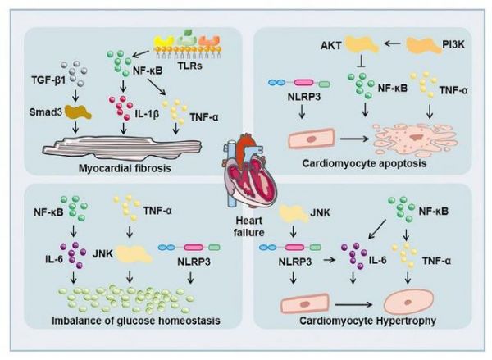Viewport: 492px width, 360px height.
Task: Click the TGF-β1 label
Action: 48,80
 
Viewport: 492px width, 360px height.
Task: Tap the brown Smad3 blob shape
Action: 78,112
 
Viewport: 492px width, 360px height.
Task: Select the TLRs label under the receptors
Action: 189,66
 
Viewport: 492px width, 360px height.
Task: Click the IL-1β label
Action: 147,114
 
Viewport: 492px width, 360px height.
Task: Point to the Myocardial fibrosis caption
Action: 125,168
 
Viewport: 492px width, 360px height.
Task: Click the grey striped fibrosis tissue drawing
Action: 122,146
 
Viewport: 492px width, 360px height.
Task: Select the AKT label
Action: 330,46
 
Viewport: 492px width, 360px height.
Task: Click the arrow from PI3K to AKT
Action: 392,44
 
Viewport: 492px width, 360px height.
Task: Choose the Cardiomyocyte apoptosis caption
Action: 364,163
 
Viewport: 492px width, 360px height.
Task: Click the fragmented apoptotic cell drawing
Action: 415,139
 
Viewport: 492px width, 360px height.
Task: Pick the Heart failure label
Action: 249,226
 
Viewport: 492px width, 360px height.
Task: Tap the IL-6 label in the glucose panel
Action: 50,259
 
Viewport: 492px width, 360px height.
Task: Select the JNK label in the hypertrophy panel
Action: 321,212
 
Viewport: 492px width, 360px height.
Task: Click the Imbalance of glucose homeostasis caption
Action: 135,321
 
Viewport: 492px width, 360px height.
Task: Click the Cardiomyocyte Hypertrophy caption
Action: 367,321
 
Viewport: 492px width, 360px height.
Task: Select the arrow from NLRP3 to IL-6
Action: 329,260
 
